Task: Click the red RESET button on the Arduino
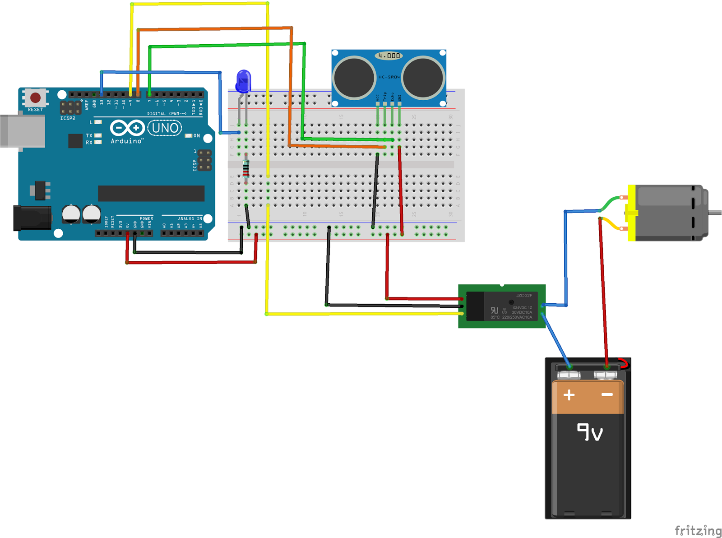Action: (x=35, y=97)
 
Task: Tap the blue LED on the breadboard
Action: (x=243, y=81)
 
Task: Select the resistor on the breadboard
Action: (x=246, y=169)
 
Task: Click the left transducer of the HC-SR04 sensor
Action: (x=354, y=78)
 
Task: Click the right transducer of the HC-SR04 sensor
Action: (x=423, y=78)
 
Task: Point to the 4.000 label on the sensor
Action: (x=389, y=56)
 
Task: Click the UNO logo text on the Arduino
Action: (x=165, y=128)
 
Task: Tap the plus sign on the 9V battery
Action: (x=569, y=395)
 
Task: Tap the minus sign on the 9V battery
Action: (x=607, y=395)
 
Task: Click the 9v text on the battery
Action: (x=590, y=432)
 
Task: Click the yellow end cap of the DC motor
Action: (x=632, y=213)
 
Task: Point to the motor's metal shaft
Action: (x=715, y=213)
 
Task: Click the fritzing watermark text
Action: (x=698, y=530)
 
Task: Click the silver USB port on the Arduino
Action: (x=23, y=131)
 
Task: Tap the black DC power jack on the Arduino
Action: (x=32, y=218)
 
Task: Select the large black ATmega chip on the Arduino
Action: (x=151, y=193)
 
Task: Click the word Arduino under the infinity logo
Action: (x=127, y=141)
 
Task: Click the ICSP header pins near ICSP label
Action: (x=205, y=161)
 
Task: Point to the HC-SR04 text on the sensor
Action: (x=389, y=77)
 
